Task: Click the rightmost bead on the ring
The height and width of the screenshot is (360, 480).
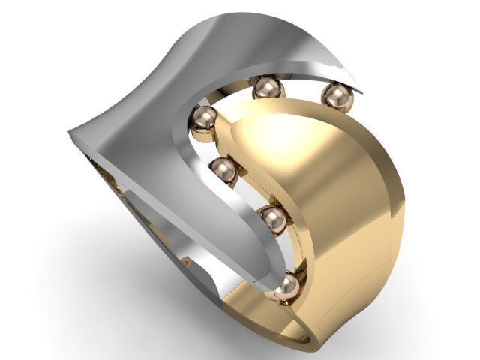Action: pos(337,97)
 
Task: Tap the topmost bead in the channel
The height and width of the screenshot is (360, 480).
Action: pos(268,88)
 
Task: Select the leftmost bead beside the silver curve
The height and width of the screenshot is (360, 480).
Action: pos(203,121)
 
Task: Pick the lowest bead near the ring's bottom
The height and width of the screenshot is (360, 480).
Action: pos(286,287)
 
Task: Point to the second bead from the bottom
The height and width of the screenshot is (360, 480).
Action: pos(274,220)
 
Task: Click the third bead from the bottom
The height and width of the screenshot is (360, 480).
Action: pos(223,171)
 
